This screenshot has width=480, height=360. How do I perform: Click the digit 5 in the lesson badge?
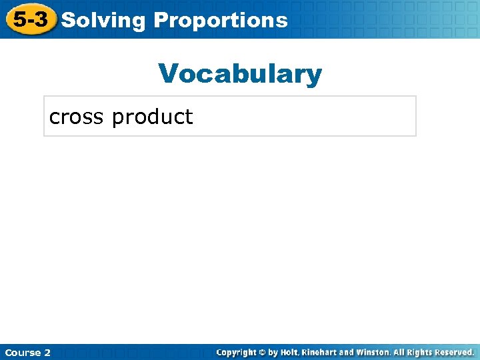tap(20, 19)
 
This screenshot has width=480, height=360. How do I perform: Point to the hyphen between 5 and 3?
tap(30, 21)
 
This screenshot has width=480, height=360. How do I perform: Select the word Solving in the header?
tap(103, 21)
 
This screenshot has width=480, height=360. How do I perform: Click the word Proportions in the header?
tap(221, 21)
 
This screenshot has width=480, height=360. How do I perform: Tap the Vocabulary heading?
tap(240, 74)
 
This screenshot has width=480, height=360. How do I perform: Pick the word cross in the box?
tap(77, 117)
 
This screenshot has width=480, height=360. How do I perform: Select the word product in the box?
tap(152, 117)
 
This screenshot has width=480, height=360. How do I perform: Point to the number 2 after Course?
tap(47, 352)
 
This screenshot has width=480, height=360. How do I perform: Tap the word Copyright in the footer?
tap(239, 352)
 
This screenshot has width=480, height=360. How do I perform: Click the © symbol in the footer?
tap(263, 352)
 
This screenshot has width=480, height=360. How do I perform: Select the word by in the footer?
tap(273, 352)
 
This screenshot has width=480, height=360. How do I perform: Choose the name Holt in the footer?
tap(289, 352)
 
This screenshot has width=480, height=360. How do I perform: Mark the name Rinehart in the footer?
tap(319, 352)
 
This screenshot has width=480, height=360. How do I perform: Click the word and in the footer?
tap(347, 352)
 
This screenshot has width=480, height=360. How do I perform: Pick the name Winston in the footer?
tap(373, 352)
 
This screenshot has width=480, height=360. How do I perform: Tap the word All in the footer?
tap(399, 352)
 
